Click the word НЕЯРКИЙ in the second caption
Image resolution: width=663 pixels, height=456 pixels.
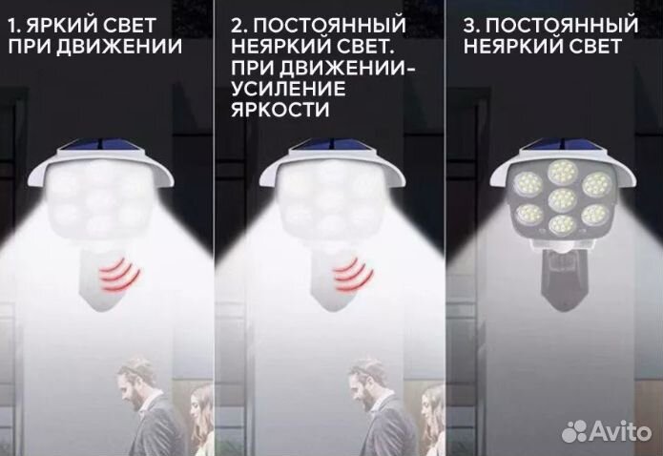click(x=273, y=46)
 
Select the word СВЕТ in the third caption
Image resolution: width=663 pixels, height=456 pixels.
click(x=593, y=46)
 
